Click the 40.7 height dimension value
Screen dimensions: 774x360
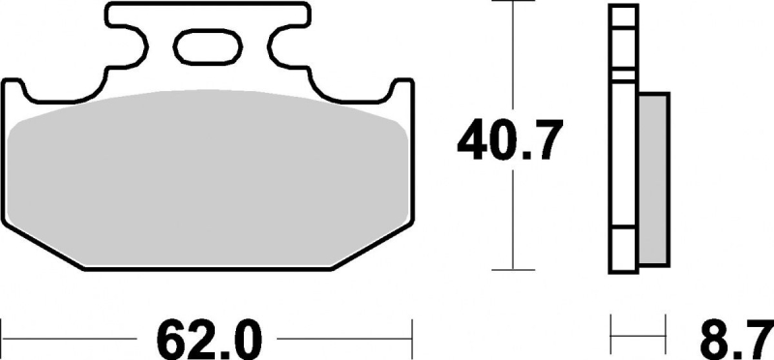[x=510, y=139]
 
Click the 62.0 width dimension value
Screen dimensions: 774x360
[x=208, y=341]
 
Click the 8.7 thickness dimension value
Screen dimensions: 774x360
[x=735, y=341]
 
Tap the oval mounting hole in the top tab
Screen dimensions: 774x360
[x=207, y=46]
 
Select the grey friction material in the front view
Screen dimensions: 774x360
[x=207, y=178]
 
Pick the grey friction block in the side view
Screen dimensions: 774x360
[x=654, y=178]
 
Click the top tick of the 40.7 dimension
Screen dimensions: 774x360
[x=514, y=2]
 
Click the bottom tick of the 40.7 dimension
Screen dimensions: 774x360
[x=514, y=270]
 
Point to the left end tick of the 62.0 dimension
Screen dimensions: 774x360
[x=2, y=340]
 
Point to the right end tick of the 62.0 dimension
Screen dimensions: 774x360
[x=412, y=340]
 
